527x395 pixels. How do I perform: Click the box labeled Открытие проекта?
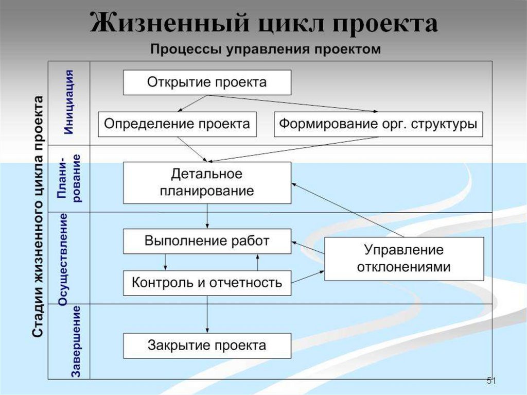(x=207, y=82)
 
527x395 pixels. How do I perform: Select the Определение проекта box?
(x=177, y=124)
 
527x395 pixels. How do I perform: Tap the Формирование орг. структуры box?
(x=378, y=124)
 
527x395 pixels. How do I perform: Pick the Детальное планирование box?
(x=207, y=182)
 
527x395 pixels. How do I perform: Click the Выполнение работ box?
(x=207, y=241)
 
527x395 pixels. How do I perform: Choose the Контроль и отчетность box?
(x=207, y=282)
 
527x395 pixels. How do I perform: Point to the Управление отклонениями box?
(x=404, y=259)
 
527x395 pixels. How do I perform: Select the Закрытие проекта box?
(x=207, y=345)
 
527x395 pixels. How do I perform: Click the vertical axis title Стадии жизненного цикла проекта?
(x=38, y=216)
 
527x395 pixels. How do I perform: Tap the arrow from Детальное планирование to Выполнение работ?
(x=207, y=216)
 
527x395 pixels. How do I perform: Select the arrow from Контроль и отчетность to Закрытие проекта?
(x=207, y=314)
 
